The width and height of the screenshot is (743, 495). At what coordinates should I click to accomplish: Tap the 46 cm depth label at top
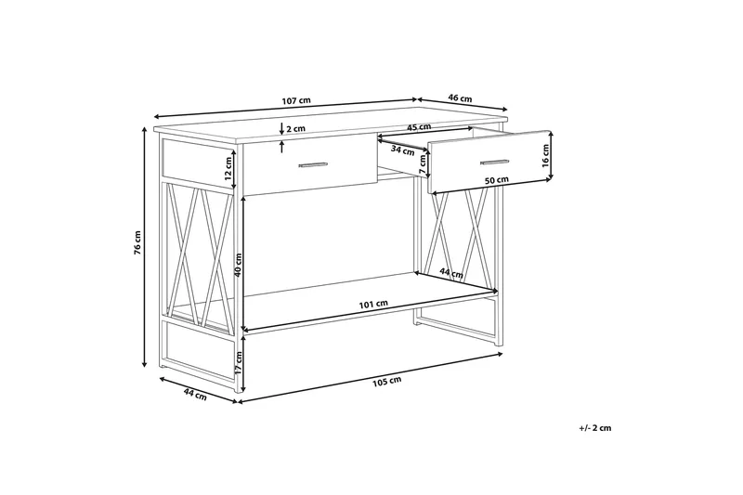461,98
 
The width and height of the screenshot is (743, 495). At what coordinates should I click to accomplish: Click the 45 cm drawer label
419,127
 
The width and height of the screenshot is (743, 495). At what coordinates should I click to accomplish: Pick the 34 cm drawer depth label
402,149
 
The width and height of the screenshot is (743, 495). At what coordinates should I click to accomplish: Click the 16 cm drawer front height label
546,154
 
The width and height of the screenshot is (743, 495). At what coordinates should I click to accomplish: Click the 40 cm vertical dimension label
239,266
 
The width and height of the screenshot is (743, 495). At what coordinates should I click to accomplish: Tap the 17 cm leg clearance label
239,364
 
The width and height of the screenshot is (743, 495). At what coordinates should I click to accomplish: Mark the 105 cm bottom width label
386,380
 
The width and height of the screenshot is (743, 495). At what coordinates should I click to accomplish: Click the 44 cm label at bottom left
194,394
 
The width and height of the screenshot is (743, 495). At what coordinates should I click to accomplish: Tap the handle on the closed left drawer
313,165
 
